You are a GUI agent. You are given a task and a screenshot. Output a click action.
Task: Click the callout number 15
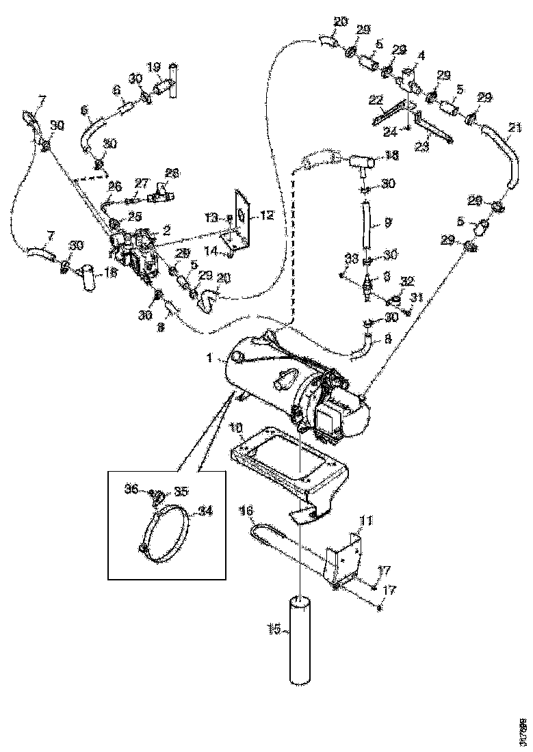click(x=273, y=629)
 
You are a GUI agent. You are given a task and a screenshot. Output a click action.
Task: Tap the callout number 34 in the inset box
click(x=204, y=509)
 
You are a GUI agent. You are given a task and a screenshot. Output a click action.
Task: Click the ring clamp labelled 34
click(x=168, y=530)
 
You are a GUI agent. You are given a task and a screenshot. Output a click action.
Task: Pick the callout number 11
click(x=367, y=520)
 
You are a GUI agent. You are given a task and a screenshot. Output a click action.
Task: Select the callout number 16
click(x=246, y=510)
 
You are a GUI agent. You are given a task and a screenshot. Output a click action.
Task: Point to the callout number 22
click(x=375, y=100)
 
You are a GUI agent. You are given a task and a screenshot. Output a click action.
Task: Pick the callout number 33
click(x=351, y=258)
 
